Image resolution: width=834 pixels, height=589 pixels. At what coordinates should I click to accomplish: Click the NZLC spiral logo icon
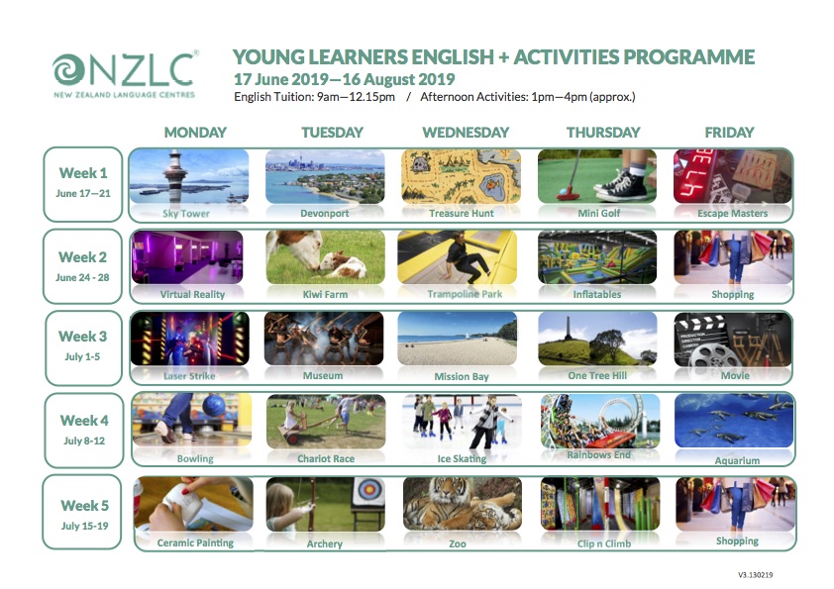tap(68, 70)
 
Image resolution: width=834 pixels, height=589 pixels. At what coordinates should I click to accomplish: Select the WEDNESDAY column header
tap(466, 133)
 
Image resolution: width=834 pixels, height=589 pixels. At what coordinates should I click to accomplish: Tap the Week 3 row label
tap(83, 337)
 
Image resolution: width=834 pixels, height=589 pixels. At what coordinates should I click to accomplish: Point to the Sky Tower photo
tap(189, 176)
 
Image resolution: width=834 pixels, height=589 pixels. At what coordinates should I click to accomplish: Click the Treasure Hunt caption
tap(462, 213)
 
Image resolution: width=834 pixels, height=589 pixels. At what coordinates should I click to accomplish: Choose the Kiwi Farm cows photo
tap(325, 257)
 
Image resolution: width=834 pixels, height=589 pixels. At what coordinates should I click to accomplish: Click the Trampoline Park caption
tap(465, 294)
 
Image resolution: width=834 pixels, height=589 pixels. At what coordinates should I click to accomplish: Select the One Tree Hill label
tap(597, 375)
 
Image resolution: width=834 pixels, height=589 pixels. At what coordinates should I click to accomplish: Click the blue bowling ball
tap(214, 405)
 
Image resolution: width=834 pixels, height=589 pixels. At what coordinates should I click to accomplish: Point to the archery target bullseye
tap(367, 490)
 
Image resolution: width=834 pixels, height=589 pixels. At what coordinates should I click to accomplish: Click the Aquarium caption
tap(737, 461)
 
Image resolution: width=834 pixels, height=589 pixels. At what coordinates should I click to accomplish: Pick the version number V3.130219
tap(756, 575)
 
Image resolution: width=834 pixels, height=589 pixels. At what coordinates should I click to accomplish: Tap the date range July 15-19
tap(84, 527)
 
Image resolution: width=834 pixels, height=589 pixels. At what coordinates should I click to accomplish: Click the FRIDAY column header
tap(729, 133)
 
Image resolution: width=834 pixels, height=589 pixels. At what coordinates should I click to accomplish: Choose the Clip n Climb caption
tap(604, 543)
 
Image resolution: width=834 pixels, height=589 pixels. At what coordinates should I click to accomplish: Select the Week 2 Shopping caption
tap(732, 295)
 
